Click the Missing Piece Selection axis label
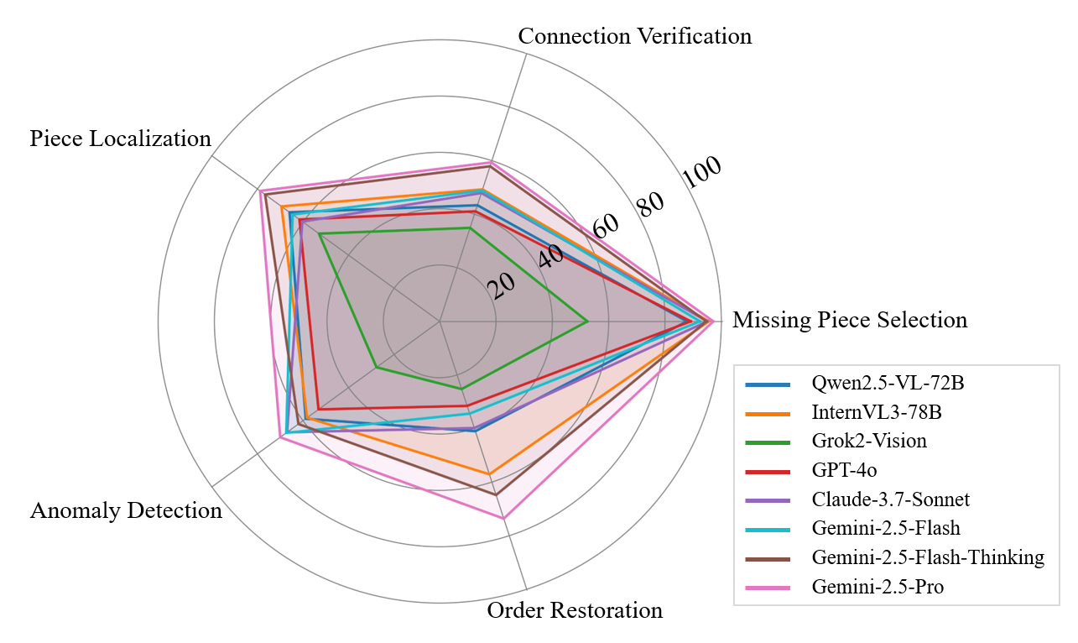coord(849,320)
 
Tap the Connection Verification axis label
coord(634,36)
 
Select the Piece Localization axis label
coord(120,139)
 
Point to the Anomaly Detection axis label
coord(126,510)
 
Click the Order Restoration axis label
coord(575,610)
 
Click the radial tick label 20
coord(503,287)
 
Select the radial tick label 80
coord(649,202)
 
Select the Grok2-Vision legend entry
coord(869,442)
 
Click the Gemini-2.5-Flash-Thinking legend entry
coord(927,557)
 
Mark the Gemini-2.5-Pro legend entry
coord(878,587)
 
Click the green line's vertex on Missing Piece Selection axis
coord(586,321)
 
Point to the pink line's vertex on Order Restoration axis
coord(504,519)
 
